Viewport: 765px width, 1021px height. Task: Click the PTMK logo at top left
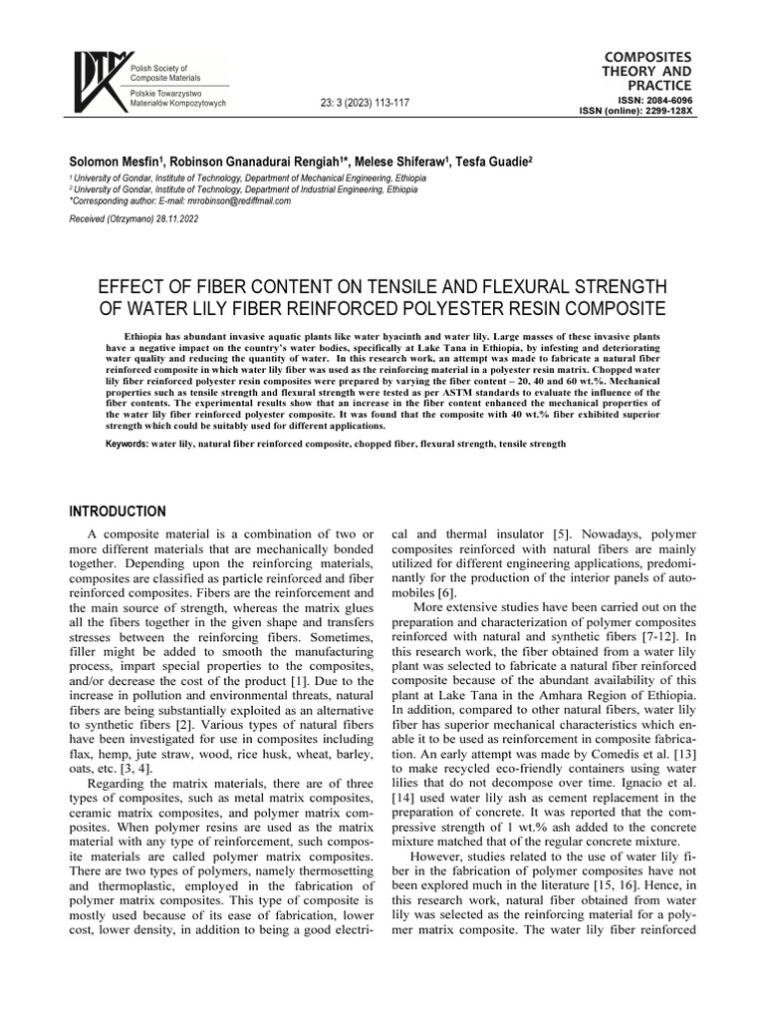coord(96,81)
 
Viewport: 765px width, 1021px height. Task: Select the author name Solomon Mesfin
coord(111,162)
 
